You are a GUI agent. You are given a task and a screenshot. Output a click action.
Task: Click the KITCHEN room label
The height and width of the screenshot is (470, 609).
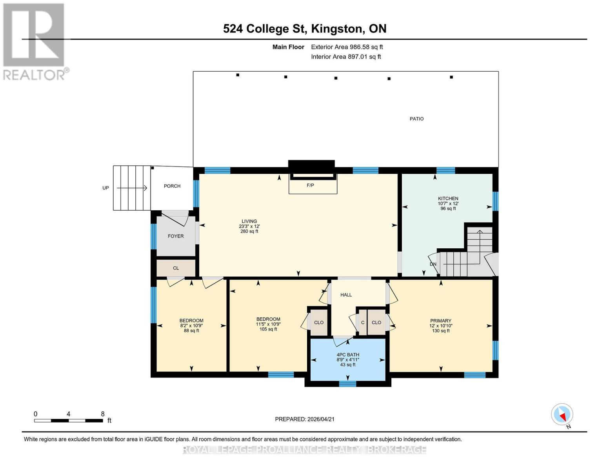pyautogui.click(x=448, y=199)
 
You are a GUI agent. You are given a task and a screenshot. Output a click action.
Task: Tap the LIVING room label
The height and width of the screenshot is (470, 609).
pyautogui.click(x=249, y=221)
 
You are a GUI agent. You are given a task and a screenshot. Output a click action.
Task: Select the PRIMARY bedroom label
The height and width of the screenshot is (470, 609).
pyautogui.click(x=440, y=321)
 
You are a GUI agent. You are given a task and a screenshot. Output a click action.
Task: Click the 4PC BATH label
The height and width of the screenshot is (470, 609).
pyautogui.click(x=347, y=355)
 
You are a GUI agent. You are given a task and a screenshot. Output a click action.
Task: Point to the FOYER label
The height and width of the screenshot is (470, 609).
pyautogui.click(x=176, y=236)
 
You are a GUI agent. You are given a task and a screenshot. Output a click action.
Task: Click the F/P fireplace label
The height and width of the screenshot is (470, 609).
pyautogui.click(x=310, y=185)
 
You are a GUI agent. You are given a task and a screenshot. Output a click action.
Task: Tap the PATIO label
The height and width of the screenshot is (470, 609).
pyautogui.click(x=416, y=119)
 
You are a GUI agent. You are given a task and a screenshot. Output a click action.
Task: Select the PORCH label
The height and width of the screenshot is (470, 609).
pyautogui.click(x=172, y=186)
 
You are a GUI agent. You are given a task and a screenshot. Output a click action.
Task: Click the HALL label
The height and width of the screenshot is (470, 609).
pyautogui.click(x=346, y=295)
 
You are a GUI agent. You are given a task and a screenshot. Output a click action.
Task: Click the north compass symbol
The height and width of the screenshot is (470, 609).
pyautogui.click(x=562, y=415)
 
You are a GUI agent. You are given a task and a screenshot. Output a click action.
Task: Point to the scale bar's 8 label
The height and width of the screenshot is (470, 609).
pyautogui.click(x=103, y=414)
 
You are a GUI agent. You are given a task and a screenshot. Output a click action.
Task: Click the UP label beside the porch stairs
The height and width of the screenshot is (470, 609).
pyautogui.click(x=105, y=188)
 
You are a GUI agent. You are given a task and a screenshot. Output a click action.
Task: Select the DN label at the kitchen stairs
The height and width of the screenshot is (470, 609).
pyautogui.click(x=433, y=264)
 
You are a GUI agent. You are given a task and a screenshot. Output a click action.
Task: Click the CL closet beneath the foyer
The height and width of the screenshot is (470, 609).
pyautogui.click(x=176, y=268)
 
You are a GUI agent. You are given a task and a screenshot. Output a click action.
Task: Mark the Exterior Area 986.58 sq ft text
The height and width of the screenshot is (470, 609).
pyautogui.click(x=347, y=47)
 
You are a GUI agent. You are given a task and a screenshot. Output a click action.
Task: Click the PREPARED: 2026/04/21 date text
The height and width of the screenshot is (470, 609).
pyautogui.click(x=305, y=419)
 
